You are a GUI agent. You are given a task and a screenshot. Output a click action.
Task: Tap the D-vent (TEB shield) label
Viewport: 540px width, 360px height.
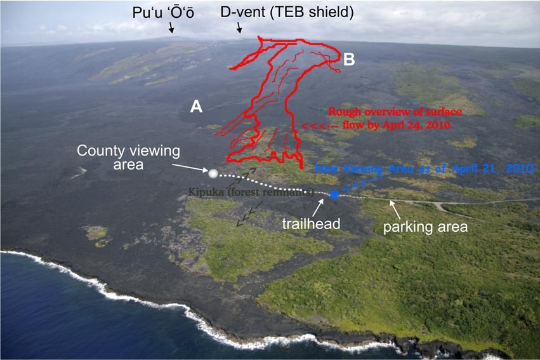click(286, 12)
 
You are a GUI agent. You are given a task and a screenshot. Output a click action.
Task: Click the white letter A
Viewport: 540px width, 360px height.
click(197, 107)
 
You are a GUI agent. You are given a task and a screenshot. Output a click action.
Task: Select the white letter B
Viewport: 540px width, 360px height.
click(349, 60)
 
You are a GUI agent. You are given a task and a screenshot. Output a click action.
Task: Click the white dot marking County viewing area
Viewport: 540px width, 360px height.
click(213, 173)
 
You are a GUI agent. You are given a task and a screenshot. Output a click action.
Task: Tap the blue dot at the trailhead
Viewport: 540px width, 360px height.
click(334, 194)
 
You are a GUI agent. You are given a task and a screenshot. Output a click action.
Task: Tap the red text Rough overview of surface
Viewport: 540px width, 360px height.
click(396, 112)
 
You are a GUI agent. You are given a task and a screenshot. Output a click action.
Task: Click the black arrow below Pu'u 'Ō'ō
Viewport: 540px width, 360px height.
click(171, 27)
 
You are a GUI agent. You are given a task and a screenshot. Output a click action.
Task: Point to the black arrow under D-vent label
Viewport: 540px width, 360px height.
click(239, 27)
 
